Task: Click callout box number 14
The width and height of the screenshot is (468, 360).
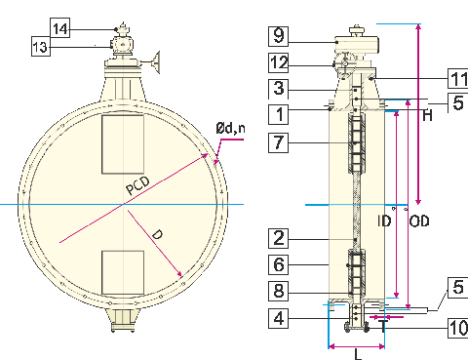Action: click(x=59, y=29)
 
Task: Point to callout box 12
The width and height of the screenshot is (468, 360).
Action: click(x=279, y=61)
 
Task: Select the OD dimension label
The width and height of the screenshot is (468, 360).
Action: click(x=419, y=221)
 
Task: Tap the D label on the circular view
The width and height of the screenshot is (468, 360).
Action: click(x=156, y=234)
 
